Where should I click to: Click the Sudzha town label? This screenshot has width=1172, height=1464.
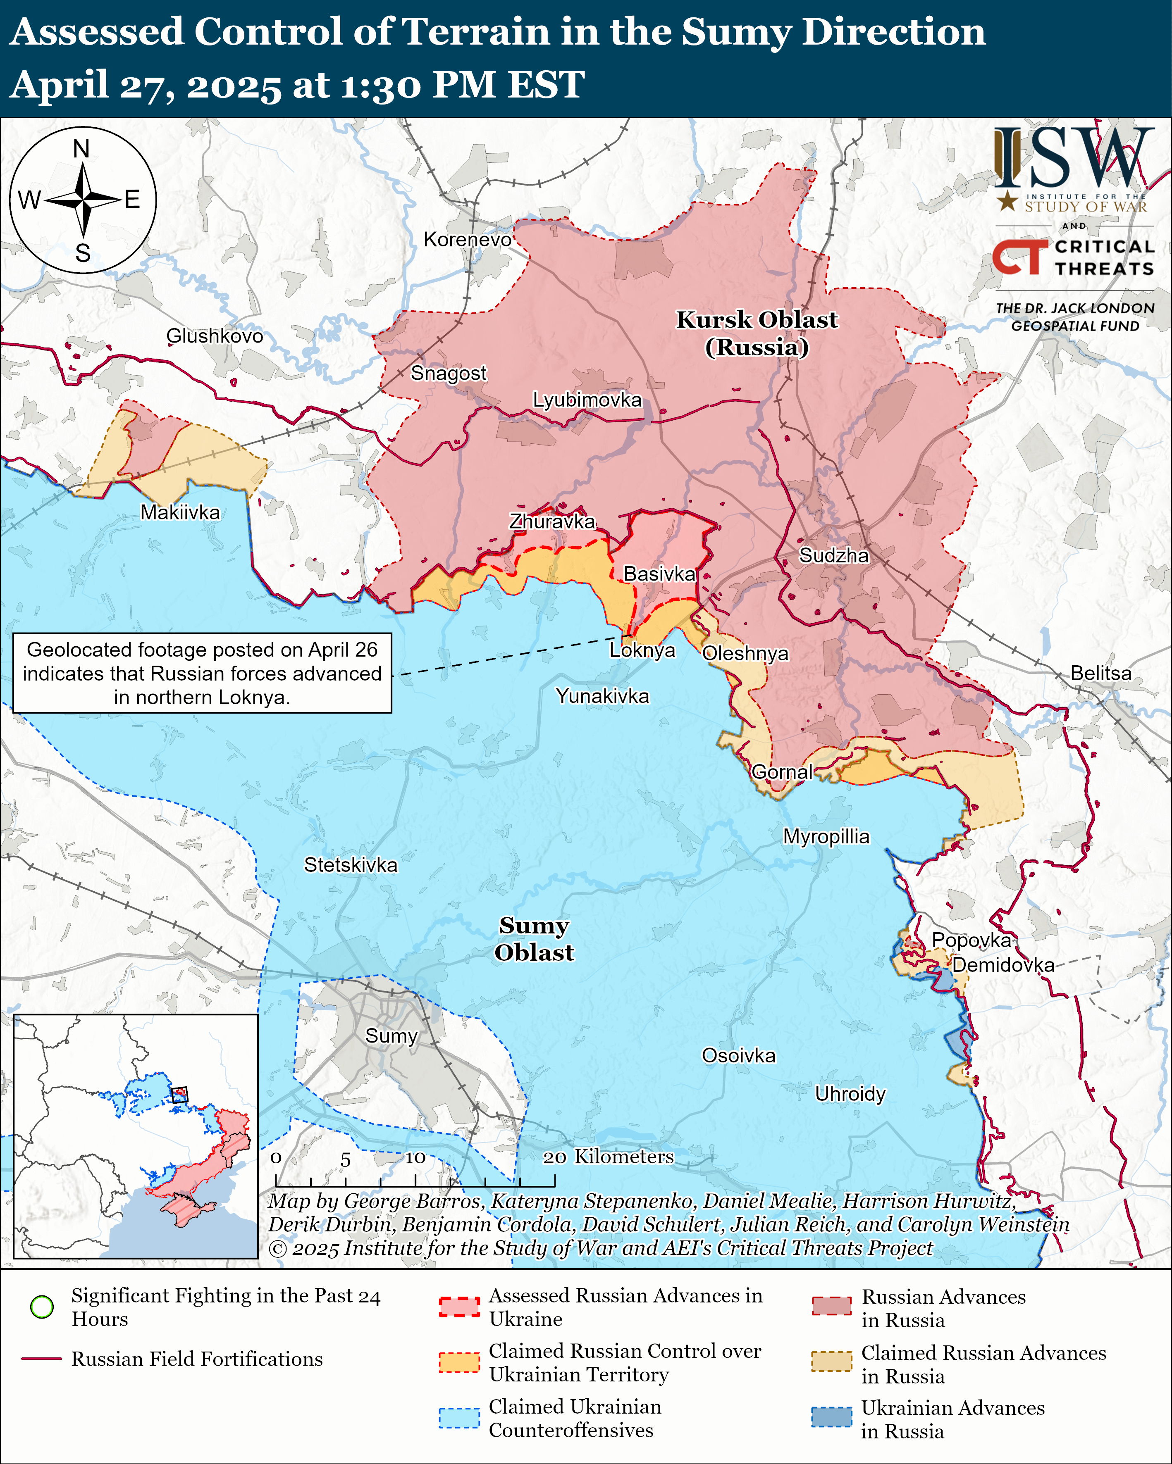click(x=834, y=555)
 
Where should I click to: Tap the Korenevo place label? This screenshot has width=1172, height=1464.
click(x=468, y=240)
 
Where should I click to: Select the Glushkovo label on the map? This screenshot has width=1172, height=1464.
click(x=215, y=336)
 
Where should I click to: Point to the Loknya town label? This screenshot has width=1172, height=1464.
click(x=642, y=650)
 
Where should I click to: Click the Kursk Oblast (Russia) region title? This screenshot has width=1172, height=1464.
click(x=757, y=333)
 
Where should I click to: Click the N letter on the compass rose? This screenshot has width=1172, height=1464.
click(x=81, y=149)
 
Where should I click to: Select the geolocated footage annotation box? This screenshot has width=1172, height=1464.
click(x=203, y=673)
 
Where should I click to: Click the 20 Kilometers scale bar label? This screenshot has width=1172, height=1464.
click(x=608, y=1157)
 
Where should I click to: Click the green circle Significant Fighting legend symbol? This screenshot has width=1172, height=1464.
click(x=42, y=1307)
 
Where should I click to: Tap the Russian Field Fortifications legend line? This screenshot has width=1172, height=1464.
click(x=42, y=1359)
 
